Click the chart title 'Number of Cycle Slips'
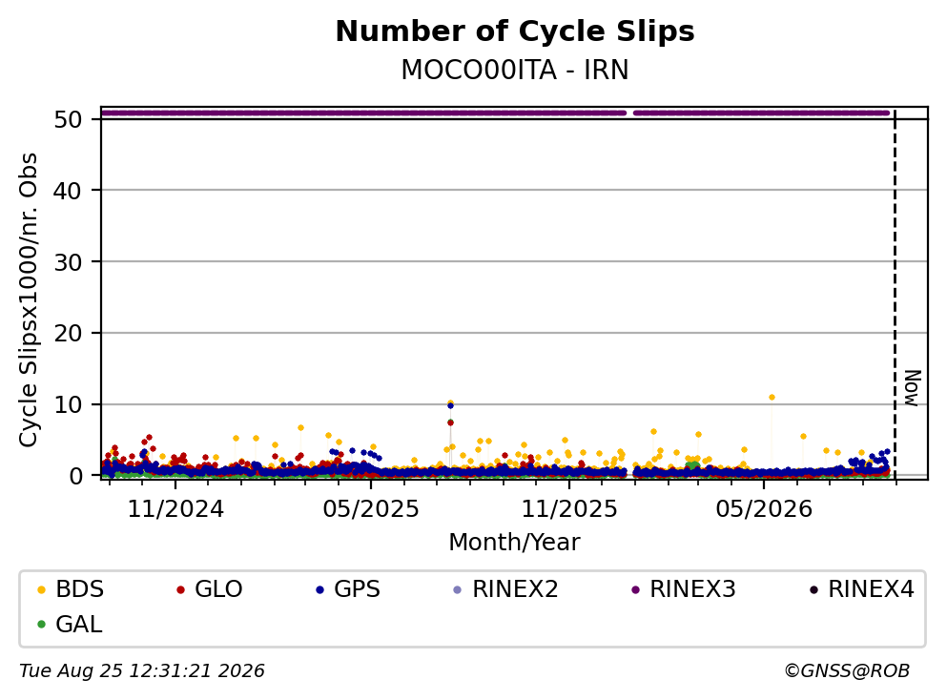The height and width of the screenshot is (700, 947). [515, 31]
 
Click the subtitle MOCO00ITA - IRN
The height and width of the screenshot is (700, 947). [515, 70]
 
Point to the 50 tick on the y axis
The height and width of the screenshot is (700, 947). [68, 119]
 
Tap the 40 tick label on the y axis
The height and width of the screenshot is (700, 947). [68, 191]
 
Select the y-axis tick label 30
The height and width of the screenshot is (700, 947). [68, 262]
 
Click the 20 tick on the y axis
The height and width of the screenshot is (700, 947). [68, 334]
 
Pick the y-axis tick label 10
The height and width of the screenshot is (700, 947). [68, 404]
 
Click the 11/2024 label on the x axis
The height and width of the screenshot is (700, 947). [175, 509]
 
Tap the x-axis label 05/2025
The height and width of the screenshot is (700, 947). [371, 509]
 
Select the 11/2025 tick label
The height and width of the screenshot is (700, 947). [569, 509]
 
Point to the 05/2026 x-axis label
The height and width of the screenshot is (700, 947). [764, 509]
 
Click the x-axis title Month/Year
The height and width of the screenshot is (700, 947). [515, 543]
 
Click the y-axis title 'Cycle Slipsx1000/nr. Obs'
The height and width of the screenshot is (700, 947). [28, 299]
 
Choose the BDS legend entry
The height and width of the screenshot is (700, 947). [71, 588]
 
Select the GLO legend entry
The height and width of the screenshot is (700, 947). [210, 588]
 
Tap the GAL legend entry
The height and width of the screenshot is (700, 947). [70, 624]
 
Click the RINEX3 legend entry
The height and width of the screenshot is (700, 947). [684, 588]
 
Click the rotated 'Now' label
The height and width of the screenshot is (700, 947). [913, 388]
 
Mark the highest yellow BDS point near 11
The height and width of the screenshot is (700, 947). [772, 398]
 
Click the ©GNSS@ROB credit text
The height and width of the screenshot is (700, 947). [847, 671]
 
